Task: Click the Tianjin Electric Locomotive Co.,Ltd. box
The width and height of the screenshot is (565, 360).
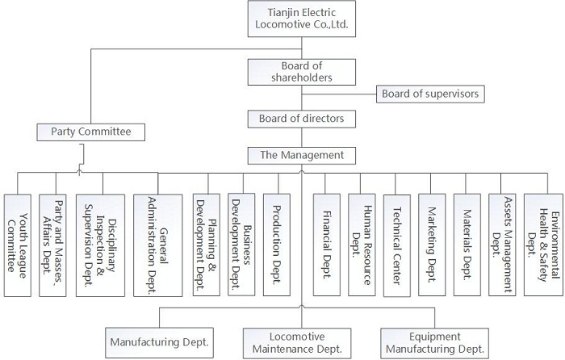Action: tap(302, 19)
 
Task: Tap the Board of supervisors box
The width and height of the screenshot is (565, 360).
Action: tap(429, 94)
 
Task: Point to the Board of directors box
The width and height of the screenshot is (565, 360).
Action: tap(302, 119)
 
